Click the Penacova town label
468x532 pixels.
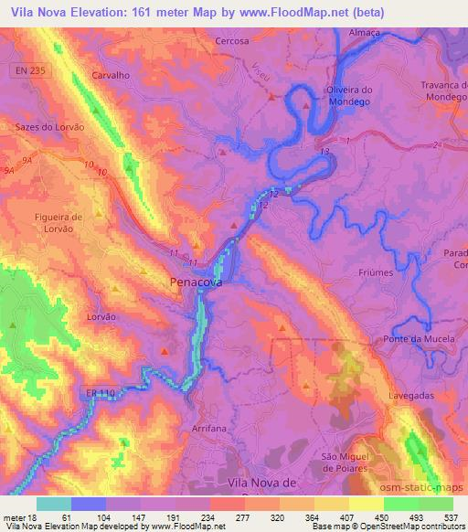tap(196, 284)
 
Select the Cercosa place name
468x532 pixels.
tap(232, 41)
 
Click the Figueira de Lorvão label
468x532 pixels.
tap(58, 223)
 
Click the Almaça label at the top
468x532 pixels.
tap(365, 31)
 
